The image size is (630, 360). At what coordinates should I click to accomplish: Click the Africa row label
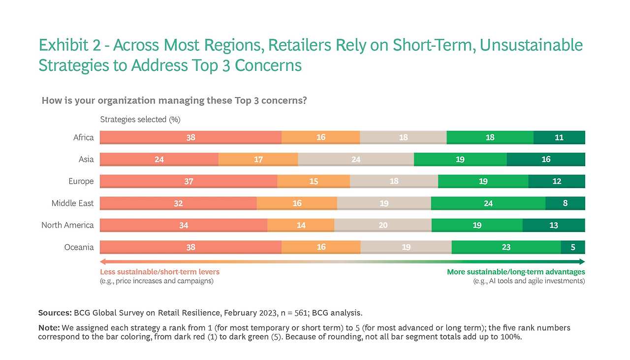tap(83, 137)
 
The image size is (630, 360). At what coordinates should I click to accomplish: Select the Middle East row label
tap(72, 203)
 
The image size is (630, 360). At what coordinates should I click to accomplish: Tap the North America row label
tap(67, 225)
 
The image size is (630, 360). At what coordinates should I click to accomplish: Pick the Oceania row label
tap(79, 247)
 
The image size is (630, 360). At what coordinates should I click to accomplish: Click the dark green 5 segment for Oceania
tap(573, 247)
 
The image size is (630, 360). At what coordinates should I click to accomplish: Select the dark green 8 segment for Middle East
tap(565, 203)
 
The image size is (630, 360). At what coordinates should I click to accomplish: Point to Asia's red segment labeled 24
tap(159, 159)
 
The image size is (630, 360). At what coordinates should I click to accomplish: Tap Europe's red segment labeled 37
tap(189, 181)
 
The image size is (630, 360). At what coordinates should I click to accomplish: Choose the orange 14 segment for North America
tap(301, 225)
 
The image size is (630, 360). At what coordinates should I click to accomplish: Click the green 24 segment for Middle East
tap(488, 203)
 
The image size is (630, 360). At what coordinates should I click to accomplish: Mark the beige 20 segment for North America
tap(383, 225)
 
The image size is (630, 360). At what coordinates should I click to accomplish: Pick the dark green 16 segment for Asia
tap(546, 159)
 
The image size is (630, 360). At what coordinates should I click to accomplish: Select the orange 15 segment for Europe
tap(314, 181)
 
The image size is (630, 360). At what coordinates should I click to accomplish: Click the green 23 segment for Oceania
tap(506, 247)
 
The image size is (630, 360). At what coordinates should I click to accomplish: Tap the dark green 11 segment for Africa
tap(559, 137)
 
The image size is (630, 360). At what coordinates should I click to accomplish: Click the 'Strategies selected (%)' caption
tap(140, 120)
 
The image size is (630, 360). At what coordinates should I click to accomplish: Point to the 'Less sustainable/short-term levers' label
tap(159, 272)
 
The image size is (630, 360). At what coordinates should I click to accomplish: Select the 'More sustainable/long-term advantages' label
tap(516, 272)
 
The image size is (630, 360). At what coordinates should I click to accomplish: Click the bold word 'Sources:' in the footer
tap(55, 313)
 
